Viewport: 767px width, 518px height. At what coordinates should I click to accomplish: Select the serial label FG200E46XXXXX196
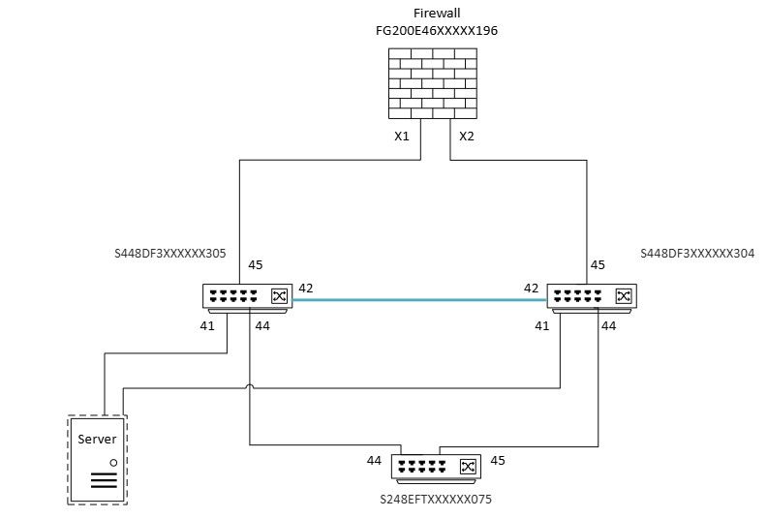pyautogui.click(x=429, y=31)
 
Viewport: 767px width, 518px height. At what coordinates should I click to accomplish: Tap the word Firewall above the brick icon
pyautogui.click(x=428, y=15)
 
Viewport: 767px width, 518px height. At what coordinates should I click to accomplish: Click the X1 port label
pyautogui.click(x=402, y=136)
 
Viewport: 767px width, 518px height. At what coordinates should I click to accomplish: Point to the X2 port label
pyautogui.click(x=467, y=136)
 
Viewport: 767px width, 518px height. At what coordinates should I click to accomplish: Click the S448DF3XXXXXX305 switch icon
pyautogui.click(x=247, y=297)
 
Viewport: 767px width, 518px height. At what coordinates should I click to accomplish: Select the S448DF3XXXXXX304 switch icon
pyautogui.click(x=591, y=297)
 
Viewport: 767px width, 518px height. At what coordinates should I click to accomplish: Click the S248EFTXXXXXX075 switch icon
pyautogui.click(x=437, y=468)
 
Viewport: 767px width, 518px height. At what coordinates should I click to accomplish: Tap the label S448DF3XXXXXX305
pyautogui.click(x=170, y=255)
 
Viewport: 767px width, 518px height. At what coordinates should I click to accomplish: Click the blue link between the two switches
pyautogui.click(x=418, y=300)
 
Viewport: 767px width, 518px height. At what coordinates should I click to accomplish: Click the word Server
pyautogui.click(x=97, y=440)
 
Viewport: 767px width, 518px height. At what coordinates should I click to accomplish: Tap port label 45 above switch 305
pyautogui.click(x=256, y=264)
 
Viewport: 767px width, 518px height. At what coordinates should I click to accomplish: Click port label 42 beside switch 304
pyautogui.click(x=532, y=288)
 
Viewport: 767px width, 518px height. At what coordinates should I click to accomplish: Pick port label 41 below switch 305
pyautogui.click(x=207, y=326)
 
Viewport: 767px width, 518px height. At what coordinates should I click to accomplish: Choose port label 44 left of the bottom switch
pyautogui.click(x=375, y=460)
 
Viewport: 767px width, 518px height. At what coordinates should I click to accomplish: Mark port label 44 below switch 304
pyautogui.click(x=609, y=326)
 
